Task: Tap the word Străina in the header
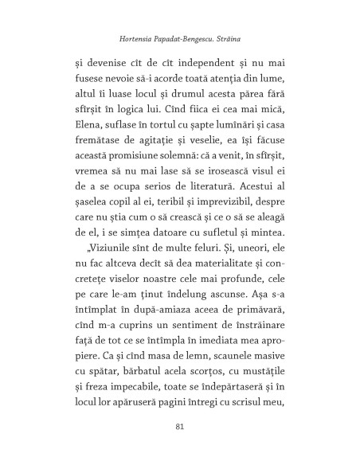tap(246, 37)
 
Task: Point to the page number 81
tap(179, 427)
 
